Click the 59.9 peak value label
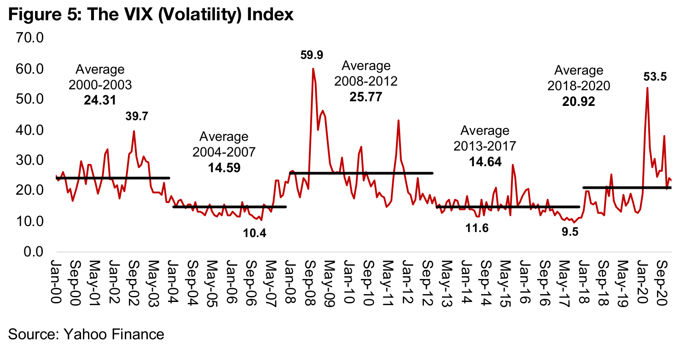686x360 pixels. point(312,55)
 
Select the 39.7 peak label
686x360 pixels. point(137,117)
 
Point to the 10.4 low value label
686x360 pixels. point(255,233)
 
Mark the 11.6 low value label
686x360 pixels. point(477,228)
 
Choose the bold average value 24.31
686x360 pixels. point(100,100)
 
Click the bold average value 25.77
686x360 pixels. point(366,97)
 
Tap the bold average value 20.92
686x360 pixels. point(578,102)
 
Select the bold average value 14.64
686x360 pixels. point(485,162)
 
